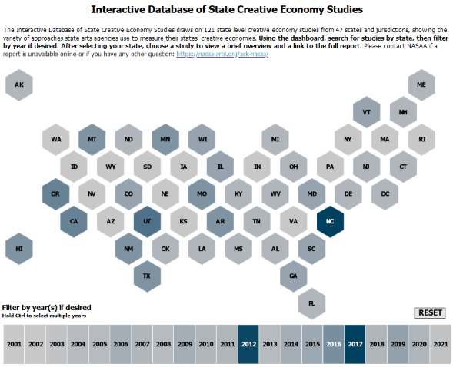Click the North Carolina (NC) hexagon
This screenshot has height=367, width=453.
tap(330, 221)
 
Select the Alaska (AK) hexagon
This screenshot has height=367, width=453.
tap(19, 84)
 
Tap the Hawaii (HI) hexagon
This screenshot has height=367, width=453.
tap(19, 249)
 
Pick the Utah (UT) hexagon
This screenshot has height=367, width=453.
tap(147, 221)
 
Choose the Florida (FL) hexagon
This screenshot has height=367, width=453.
tap(311, 303)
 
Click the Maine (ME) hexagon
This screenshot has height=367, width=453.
tap(421, 84)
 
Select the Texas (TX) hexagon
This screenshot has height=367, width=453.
tap(147, 276)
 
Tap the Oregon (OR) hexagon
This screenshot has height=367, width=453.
tap(55, 194)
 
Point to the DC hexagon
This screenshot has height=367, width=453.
tap(385, 194)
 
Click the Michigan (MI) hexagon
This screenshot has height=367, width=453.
tap(275, 140)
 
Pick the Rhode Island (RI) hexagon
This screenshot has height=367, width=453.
tap(421, 140)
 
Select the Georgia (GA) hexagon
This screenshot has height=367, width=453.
tap(294, 276)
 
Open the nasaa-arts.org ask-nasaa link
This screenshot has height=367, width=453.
tap(222, 54)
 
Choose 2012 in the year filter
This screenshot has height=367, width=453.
tap(248, 344)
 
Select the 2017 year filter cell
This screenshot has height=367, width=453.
tap(355, 344)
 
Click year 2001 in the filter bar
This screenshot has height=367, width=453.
tap(14, 344)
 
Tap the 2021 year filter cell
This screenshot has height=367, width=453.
tap(440, 344)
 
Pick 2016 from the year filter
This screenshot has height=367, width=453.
tap(334, 344)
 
